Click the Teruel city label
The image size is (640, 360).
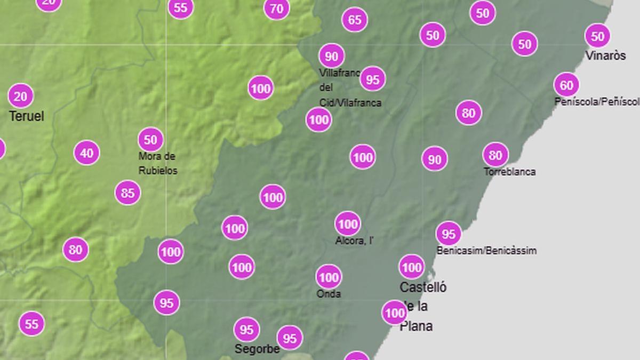[27, 116]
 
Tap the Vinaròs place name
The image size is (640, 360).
[605, 55]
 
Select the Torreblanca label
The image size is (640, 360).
[510, 172]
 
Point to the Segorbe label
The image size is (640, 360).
[257, 349]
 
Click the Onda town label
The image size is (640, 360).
[329, 294]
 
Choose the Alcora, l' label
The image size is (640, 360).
[354, 241]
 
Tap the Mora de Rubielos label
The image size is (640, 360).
[158, 164]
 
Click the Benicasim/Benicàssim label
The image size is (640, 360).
[486, 251]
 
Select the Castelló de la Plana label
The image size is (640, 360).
[423, 307]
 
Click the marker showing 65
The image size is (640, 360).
[355, 20]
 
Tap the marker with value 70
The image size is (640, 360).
[276, 9]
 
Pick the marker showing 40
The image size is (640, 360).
[86, 154]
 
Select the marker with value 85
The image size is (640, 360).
[127, 193]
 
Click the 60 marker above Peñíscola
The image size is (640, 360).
[566, 85]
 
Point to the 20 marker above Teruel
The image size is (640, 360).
[20, 97]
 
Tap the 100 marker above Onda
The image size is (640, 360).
[329, 277]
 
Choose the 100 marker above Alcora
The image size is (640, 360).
[348, 224]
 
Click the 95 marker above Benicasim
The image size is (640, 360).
[449, 234]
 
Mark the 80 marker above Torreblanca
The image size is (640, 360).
[495, 155]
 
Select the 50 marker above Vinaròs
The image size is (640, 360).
[597, 36]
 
